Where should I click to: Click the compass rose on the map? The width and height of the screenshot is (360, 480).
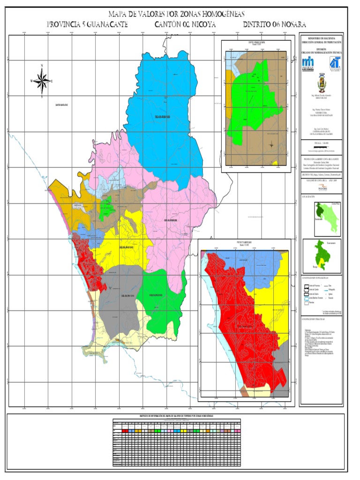coord(42,81)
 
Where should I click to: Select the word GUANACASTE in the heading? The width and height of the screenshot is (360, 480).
coord(105,24)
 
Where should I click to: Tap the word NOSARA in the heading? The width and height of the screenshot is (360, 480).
coord(290,24)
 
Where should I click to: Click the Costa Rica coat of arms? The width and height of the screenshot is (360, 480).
coord(321,84)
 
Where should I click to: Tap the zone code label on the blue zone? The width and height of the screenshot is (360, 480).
coord(161,117)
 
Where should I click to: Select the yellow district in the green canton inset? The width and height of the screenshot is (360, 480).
coord(319,260)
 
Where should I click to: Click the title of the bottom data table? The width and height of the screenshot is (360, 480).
coord(177,416)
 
